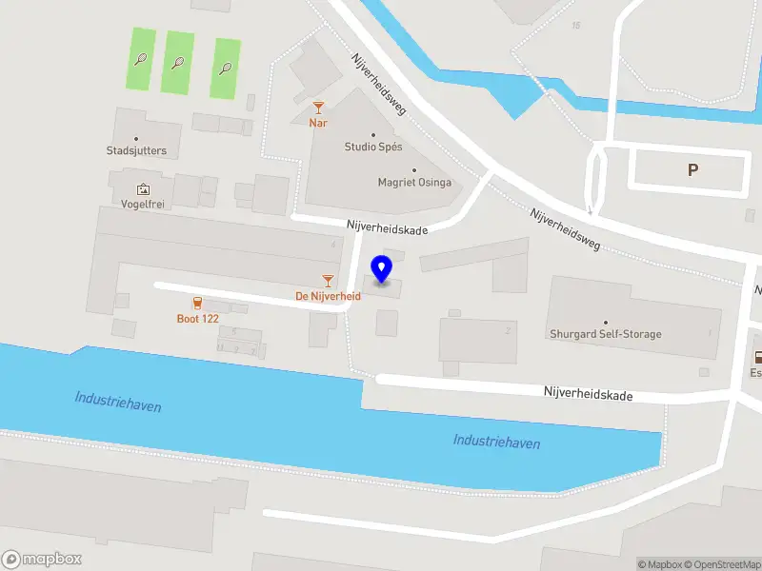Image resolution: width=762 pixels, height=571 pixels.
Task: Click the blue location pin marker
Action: [x=382, y=269]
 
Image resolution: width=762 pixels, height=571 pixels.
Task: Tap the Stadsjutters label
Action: [x=136, y=150]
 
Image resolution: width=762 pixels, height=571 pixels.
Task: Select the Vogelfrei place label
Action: [x=143, y=204]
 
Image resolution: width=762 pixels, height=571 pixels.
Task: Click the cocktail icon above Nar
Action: [x=318, y=108]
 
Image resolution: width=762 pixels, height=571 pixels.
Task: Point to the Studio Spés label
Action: [x=373, y=148]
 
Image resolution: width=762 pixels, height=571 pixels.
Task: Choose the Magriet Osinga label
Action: [x=414, y=183]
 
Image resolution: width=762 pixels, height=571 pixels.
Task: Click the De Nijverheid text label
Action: [x=328, y=296]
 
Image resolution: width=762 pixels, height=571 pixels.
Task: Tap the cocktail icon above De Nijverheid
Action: [x=328, y=281]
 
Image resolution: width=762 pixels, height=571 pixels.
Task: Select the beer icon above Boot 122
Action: [x=197, y=303]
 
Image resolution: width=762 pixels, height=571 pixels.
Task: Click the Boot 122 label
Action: [x=197, y=319]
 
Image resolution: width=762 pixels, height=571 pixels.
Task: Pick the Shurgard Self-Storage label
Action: [x=605, y=334]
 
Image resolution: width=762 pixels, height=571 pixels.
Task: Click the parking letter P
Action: [x=692, y=170]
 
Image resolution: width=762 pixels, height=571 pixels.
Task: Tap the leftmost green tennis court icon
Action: [x=141, y=59]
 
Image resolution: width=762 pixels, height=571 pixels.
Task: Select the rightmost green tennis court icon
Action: [x=226, y=68]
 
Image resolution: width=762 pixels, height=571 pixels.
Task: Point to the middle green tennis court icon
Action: [x=178, y=63]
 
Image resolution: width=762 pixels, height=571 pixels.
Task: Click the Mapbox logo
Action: [x=42, y=560]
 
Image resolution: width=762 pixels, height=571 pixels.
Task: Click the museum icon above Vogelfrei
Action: [x=143, y=189]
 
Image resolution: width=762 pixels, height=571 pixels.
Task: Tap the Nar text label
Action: [x=318, y=123]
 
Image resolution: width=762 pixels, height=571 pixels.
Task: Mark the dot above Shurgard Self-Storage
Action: [x=605, y=323]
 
